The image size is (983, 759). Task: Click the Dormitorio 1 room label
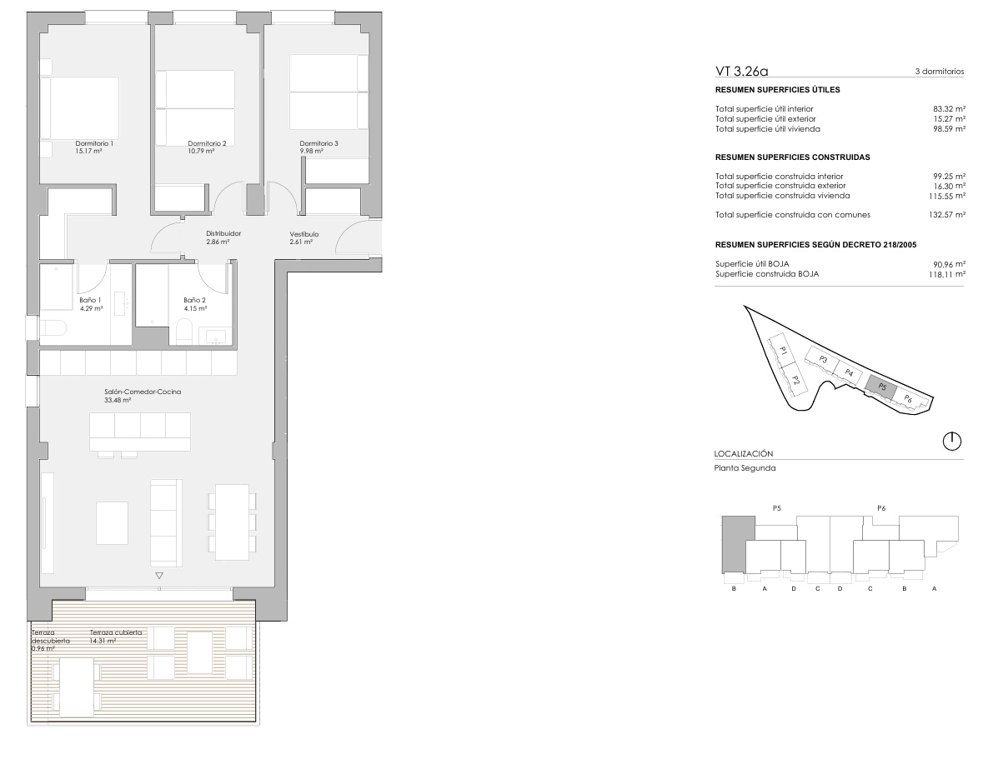tap(94, 143)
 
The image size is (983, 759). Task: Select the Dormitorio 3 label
tap(318, 143)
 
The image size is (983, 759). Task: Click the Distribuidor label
tap(223, 233)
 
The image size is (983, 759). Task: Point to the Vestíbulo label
tap(304, 234)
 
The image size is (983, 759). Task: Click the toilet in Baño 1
tap(53, 327)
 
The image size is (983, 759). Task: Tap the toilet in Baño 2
tap(183, 332)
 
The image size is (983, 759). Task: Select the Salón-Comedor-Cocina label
tap(143, 392)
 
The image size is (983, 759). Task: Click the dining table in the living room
tap(232, 522)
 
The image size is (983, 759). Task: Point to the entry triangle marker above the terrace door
tap(159, 576)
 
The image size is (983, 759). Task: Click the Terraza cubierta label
tap(116, 632)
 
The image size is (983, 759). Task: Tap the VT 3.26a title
tap(742, 72)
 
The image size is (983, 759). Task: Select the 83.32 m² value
tap(949, 109)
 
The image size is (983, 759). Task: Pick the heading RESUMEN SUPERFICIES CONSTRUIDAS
tap(792, 157)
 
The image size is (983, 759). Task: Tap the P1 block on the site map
tap(783, 352)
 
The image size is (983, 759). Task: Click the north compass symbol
tap(951, 442)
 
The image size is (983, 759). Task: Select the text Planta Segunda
tap(745, 467)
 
